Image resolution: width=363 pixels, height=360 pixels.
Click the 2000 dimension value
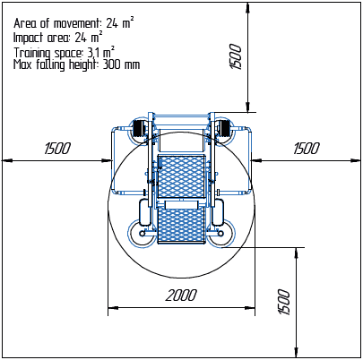(181, 296)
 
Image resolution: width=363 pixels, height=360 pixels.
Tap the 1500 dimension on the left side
(57, 149)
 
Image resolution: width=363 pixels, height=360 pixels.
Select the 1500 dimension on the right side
(307, 149)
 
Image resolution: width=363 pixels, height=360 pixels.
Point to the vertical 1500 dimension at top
(235, 56)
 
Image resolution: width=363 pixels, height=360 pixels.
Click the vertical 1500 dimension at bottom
(284, 302)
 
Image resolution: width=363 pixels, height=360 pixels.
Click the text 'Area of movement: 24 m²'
(73, 23)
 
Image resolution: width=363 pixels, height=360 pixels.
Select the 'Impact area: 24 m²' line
(58, 38)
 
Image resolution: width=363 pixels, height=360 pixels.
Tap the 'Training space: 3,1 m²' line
(64, 52)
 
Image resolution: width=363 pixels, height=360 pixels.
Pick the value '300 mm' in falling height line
(121, 64)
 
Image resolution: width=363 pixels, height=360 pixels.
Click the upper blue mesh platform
(181, 176)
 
